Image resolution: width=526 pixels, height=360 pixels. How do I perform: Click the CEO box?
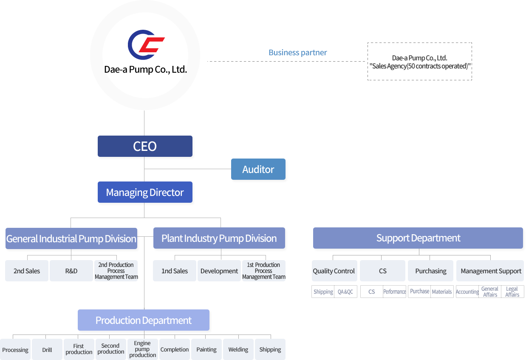coord(145,146)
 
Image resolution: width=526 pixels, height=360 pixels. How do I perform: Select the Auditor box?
coord(258,170)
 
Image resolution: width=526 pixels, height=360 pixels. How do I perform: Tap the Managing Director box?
coord(145,193)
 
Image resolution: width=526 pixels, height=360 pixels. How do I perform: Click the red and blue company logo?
coord(146,44)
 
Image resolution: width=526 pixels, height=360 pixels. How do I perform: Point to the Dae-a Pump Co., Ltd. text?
coord(145,69)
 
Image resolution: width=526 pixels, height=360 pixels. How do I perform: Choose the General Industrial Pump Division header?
coord(71,238)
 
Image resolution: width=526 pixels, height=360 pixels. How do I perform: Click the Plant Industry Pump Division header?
coord(219,238)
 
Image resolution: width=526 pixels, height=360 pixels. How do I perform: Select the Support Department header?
coord(418,238)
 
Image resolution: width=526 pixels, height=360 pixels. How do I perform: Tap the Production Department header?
coord(144,320)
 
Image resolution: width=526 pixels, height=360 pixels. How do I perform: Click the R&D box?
coord(71,271)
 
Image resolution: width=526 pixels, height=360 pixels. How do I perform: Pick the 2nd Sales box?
coord(27,271)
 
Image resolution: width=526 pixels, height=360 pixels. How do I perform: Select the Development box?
coord(219,271)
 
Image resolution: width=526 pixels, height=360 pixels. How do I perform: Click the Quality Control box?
coord(334,271)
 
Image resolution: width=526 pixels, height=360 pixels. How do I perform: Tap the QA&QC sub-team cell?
coord(345,292)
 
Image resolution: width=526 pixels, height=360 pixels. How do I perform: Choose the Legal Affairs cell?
coord(512,292)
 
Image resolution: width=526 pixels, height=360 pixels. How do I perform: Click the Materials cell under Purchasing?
coord(442,292)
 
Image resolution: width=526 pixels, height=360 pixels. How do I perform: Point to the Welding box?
coord(238,349)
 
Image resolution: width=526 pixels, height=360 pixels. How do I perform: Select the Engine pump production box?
coord(143,349)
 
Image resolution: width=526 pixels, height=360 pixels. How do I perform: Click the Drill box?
coord(47,350)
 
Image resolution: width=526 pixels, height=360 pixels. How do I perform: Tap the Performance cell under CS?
coord(395,292)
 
